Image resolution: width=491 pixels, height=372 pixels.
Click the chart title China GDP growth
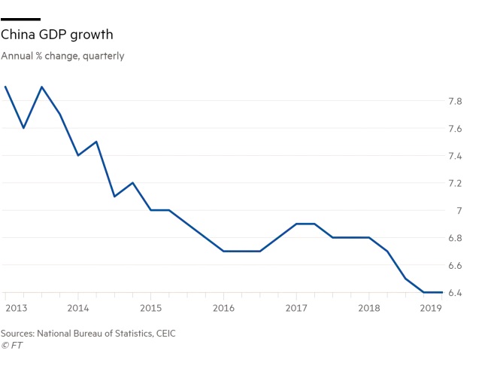57,35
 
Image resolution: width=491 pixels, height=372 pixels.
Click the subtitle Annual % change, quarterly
62,56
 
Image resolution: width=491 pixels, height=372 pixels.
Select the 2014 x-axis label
78,308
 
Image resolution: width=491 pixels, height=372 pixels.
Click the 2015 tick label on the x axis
150,308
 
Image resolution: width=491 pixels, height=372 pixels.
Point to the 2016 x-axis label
223,308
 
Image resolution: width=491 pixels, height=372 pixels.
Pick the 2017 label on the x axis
296,308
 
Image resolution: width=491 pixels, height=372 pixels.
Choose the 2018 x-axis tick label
368,308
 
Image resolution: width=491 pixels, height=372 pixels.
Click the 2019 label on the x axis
430,308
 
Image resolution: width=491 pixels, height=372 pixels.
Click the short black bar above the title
20,18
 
